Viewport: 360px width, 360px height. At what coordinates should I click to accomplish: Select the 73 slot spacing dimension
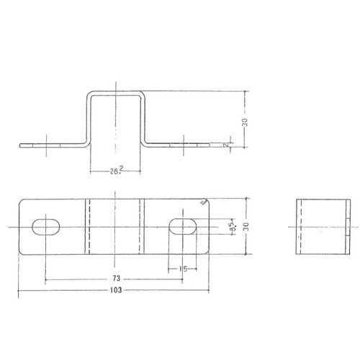(115, 276)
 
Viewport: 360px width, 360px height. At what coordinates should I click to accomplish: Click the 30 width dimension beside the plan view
(246, 226)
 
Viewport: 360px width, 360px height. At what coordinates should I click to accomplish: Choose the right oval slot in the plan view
(184, 225)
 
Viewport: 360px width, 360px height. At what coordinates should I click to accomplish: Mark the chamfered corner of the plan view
(204, 202)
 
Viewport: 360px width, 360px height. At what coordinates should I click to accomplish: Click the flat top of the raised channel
(114, 91)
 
